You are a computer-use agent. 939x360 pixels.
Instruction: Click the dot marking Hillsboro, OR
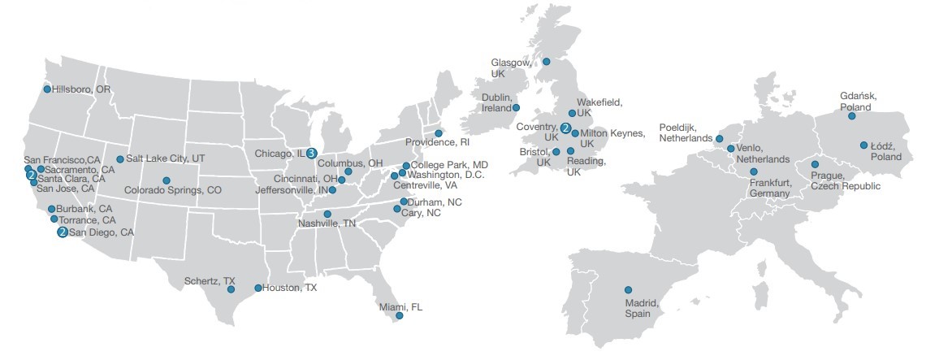point(47,89)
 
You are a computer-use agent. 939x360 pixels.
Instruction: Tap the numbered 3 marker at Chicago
point(311,152)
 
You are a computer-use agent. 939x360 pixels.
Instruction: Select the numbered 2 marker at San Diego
point(62,232)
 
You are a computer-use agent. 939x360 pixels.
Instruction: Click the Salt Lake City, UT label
point(166,159)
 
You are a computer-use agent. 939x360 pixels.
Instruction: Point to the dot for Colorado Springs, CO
point(167,180)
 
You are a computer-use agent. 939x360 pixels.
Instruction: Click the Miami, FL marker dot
point(398,315)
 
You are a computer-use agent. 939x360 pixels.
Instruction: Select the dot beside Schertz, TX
point(231,289)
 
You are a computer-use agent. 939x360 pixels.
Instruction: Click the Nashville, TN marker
point(327,215)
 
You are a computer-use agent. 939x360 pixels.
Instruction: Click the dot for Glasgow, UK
point(547,61)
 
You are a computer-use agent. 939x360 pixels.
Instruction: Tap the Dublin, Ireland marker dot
point(515,107)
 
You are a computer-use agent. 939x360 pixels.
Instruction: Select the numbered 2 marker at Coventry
point(565,128)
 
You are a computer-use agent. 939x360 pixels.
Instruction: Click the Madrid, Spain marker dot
point(628,289)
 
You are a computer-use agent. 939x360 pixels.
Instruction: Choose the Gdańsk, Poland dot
point(851,116)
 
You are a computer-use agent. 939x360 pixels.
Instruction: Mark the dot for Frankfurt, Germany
point(754,172)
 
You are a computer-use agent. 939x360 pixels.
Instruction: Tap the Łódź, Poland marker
point(863,145)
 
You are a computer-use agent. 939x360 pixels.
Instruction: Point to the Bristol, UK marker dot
point(556,152)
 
